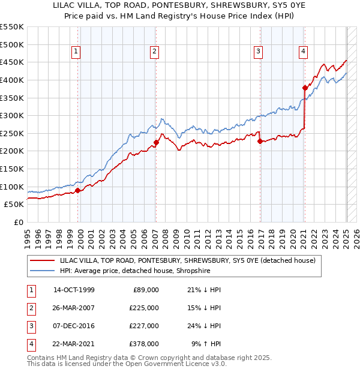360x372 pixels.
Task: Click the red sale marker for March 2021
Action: tap(305, 88)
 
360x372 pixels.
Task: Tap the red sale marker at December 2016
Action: tap(260, 142)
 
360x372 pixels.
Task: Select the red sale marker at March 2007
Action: tap(156, 142)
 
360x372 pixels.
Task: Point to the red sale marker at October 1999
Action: tap(77, 190)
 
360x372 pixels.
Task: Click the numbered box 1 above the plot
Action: tap(77, 52)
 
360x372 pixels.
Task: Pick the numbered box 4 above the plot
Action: tap(304, 52)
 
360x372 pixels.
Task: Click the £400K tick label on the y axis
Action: tap(12, 80)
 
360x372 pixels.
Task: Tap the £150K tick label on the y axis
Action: tap(12, 169)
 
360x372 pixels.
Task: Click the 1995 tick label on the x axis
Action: tap(28, 235)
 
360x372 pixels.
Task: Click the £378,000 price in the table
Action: tap(144, 344)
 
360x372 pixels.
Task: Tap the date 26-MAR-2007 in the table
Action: tap(74, 308)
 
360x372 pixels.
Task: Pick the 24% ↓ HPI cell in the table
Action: tap(204, 326)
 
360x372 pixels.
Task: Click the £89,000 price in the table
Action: tap(146, 290)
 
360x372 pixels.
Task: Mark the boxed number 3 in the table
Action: tap(29, 326)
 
